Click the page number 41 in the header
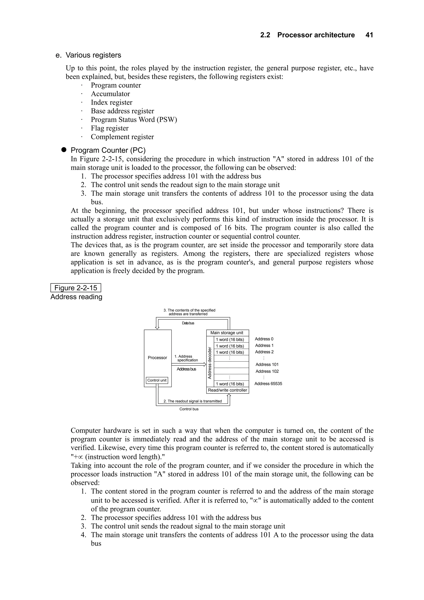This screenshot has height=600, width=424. click(369, 35)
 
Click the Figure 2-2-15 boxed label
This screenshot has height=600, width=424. click(76, 288)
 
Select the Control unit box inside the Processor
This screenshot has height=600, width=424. click(157, 380)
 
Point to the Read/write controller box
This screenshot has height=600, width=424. click(228, 390)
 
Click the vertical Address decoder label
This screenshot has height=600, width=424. click(210, 363)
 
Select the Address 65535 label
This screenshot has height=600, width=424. click(268, 384)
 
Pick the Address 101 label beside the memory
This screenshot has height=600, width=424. click(267, 365)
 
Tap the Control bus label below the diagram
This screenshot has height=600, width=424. click(189, 409)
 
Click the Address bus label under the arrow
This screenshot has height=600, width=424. click(186, 369)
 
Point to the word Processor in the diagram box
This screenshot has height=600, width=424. click(157, 358)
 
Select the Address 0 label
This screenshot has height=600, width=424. click(264, 339)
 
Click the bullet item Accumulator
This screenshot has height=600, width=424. click(110, 94)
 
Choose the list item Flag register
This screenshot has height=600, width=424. click(110, 128)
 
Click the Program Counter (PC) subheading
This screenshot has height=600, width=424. click(108, 150)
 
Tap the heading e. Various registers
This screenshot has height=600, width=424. click(88, 55)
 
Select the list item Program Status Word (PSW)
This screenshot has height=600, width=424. click(134, 120)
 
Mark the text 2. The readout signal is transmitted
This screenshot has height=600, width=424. click(193, 401)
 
